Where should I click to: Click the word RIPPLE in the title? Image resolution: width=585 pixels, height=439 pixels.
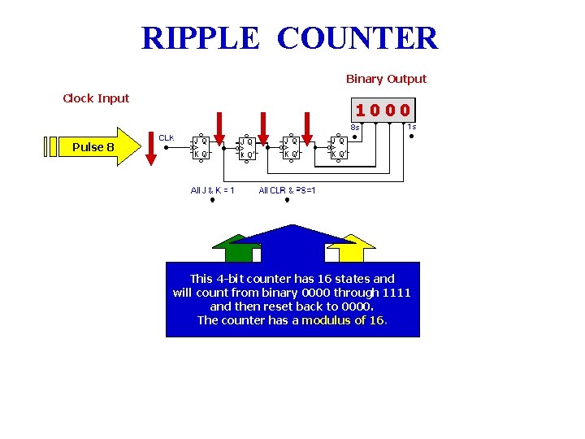coord(200,38)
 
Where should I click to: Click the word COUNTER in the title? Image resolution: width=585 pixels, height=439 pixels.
coord(357,38)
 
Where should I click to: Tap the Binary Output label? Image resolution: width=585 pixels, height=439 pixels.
coord(386,79)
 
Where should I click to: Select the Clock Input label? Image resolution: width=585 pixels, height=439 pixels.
coord(96,98)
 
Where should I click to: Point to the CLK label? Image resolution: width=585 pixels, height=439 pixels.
coord(166,137)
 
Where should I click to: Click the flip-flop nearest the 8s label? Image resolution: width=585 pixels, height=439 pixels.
coord(338,147)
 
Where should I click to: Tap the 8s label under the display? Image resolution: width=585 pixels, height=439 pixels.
coord(355,127)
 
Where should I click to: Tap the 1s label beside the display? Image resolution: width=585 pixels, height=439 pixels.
coord(412,126)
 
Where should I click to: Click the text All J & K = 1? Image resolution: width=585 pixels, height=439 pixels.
coord(212,190)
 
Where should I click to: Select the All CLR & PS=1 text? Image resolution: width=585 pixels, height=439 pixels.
coord(287,190)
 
